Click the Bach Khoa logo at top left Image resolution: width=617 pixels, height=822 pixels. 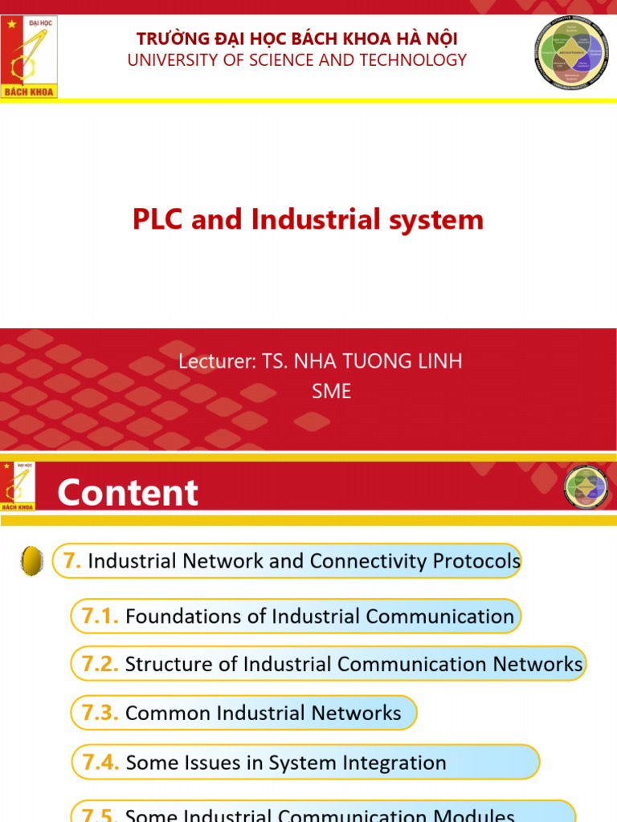pyautogui.click(x=29, y=56)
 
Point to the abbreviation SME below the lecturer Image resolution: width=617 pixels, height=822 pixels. pyautogui.click(x=331, y=391)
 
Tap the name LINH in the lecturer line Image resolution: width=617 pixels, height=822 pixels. pyautogui.click(x=439, y=361)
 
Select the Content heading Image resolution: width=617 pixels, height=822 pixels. pyautogui.click(x=128, y=492)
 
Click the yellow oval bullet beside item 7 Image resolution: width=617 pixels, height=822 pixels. pyautogui.click(x=31, y=561)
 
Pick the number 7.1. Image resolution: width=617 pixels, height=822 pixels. pyautogui.click(x=100, y=616)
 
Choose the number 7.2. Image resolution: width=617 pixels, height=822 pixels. pyautogui.click(x=100, y=664)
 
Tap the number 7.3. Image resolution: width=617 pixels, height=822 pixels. pyautogui.click(x=100, y=713)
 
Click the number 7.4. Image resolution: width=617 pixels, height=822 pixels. pyautogui.click(x=101, y=762)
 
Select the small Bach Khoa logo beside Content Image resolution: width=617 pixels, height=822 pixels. pyautogui.click(x=18, y=486)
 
